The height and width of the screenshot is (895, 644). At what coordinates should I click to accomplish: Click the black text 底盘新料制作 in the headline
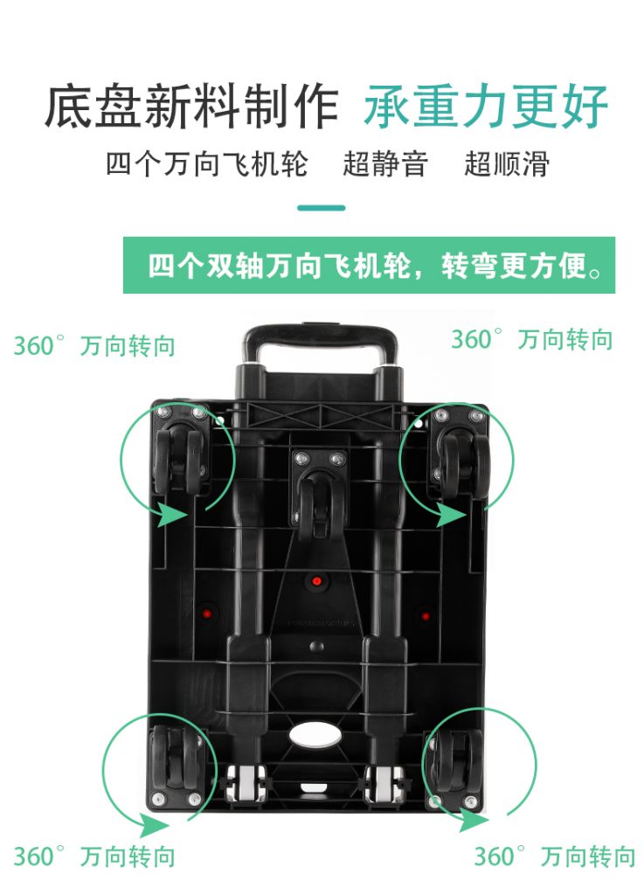(191, 107)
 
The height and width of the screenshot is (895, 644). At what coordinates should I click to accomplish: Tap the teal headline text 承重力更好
(486, 106)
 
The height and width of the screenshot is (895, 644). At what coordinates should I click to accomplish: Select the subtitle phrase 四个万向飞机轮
(207, 163)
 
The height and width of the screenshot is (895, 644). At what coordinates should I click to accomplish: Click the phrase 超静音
(385, 163)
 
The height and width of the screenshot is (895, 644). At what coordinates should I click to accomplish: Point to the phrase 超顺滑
(507, 163)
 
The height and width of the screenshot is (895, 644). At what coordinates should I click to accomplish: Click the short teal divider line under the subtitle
(322, 208)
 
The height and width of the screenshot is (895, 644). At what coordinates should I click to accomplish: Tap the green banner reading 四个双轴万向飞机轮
(369, 266)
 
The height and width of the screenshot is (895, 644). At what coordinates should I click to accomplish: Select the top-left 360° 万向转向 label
(94, 346)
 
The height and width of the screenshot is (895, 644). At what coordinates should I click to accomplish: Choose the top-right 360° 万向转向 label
(531, 339)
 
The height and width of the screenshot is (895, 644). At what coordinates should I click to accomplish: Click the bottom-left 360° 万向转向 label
(94, 857)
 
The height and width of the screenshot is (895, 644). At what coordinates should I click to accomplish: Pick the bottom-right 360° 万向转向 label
(555, 857)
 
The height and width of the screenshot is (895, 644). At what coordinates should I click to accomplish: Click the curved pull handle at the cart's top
(320, 343)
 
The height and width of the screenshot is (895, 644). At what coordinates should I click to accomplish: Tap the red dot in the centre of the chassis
(317, 581)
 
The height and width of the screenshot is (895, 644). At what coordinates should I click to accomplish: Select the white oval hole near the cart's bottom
(315, 734)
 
